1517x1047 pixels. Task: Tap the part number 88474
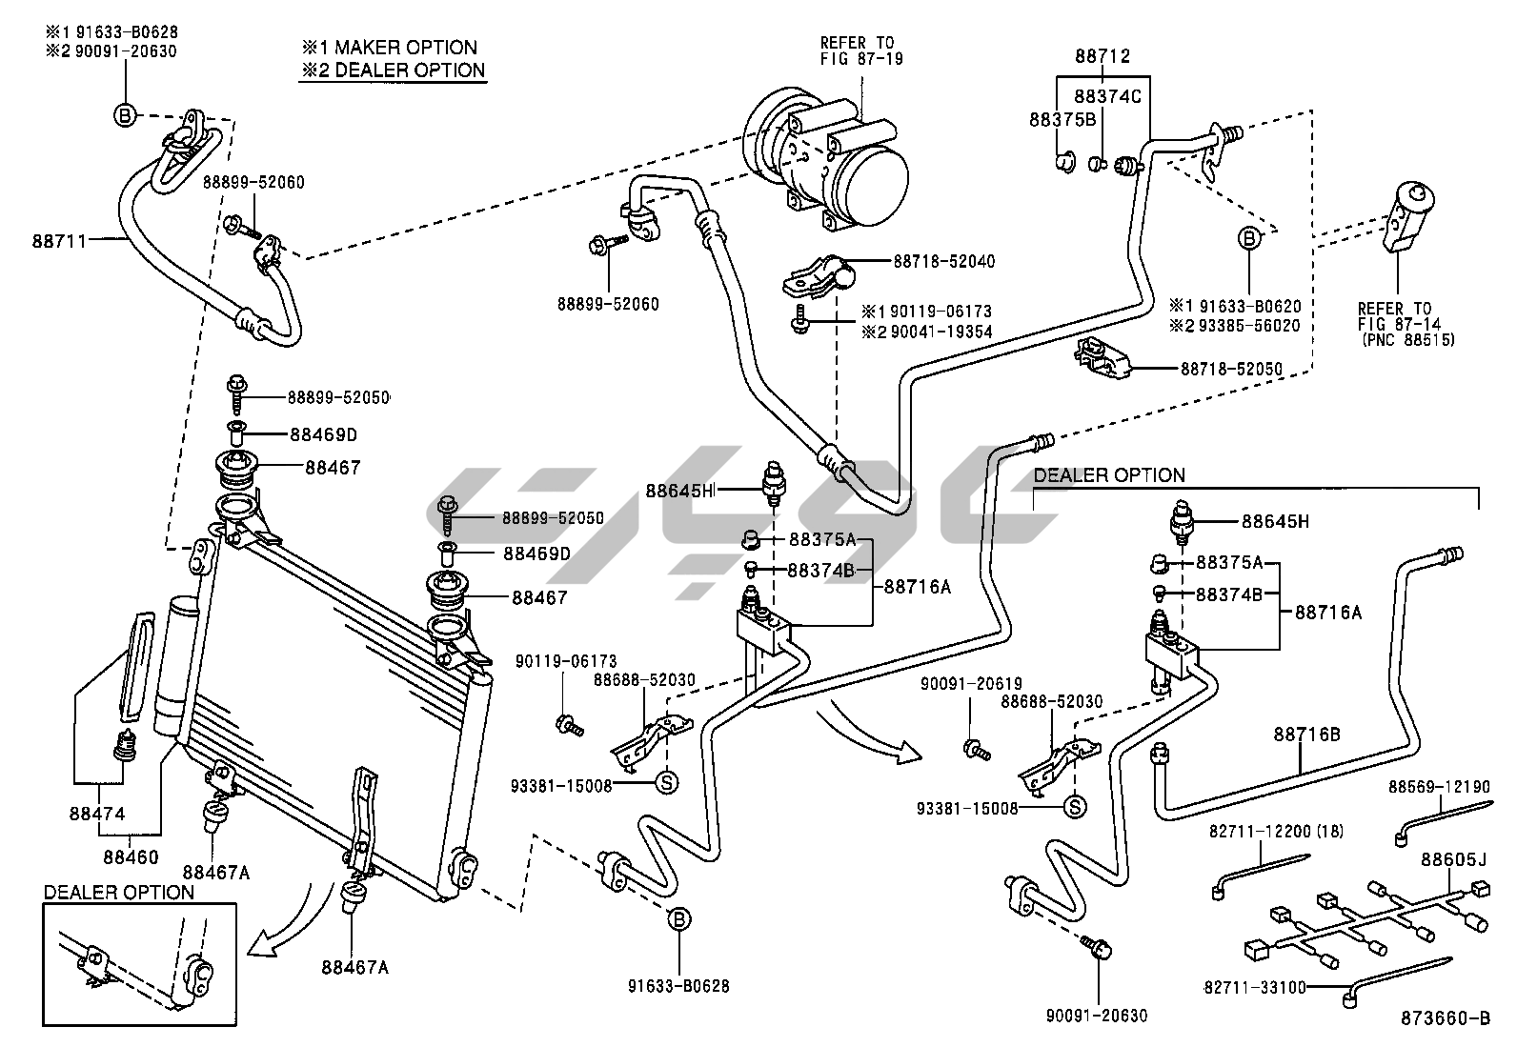[x=96, y=815]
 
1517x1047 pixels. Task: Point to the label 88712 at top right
[x=1102, y=57]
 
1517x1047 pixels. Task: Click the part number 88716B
[x=1306, y=735]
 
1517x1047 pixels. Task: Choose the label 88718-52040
[x=943, y=261]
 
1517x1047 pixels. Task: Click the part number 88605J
[x=1453, y=860]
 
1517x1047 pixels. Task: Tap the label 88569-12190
[x=1438, y=787]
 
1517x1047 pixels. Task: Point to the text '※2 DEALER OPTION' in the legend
[x=393, y=70]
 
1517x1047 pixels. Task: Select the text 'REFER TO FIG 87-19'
[x=860, y=50]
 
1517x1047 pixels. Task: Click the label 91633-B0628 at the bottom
[x=678, y=986]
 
